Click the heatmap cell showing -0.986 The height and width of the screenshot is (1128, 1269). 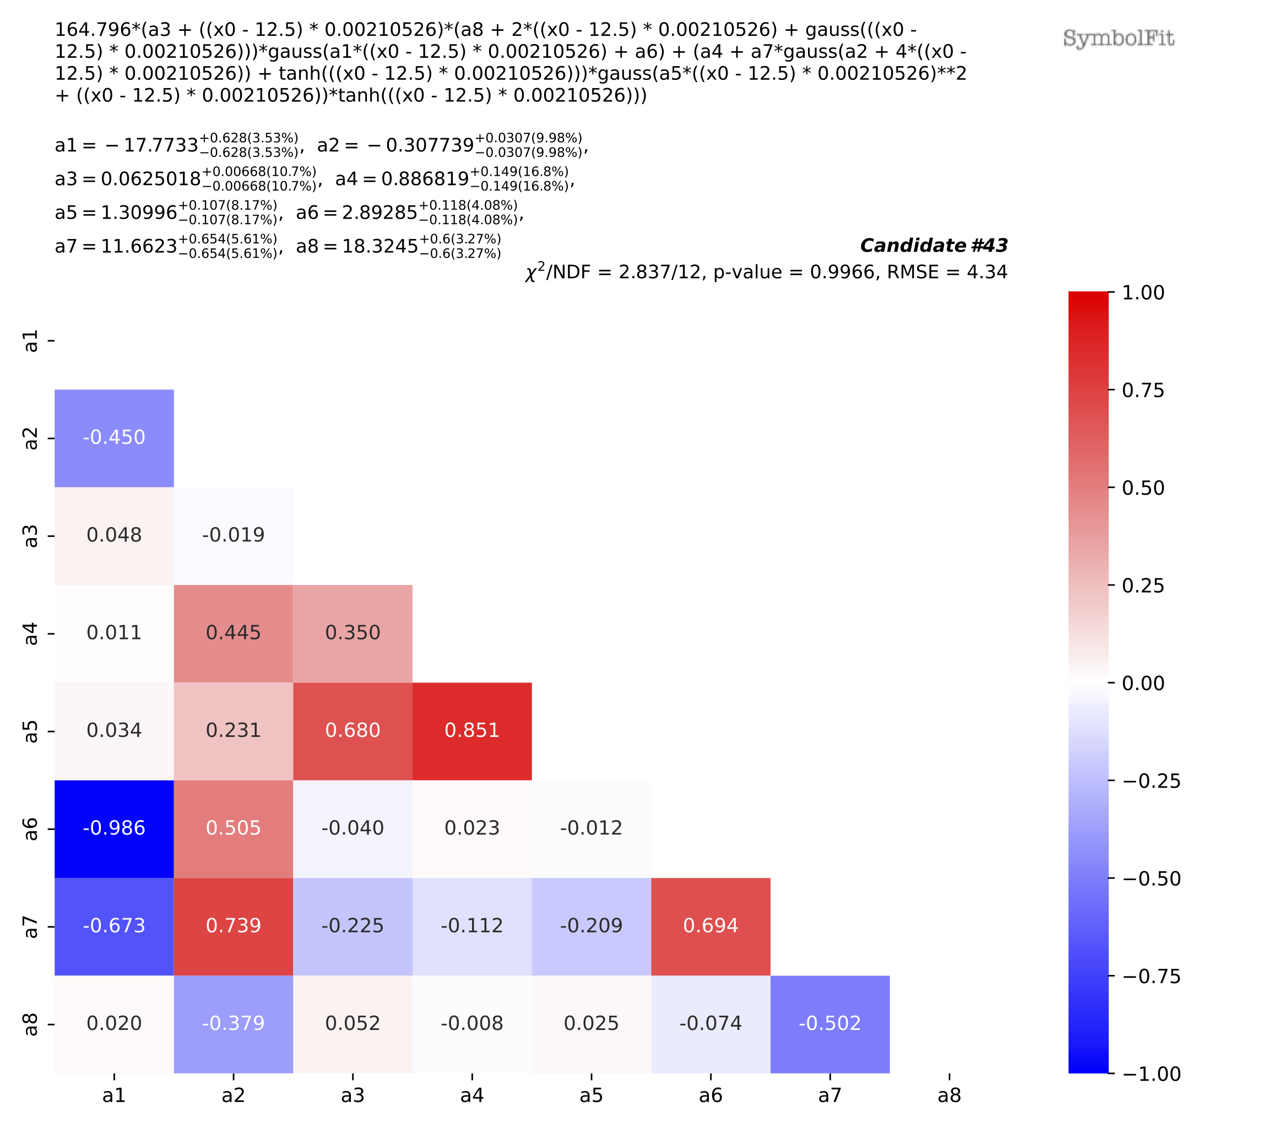(114, 828)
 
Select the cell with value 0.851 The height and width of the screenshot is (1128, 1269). (472, 731)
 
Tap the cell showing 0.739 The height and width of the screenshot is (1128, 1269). (234, 926)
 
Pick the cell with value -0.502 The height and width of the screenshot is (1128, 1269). (829, 1023)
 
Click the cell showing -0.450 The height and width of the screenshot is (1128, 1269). (114, 438)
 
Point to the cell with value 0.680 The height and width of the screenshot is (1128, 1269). (352, 731)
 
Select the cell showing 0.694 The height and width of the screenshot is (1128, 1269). (711, 926)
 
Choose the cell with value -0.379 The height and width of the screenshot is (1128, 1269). (234, 1023)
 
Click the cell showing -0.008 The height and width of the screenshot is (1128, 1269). (472, 1023)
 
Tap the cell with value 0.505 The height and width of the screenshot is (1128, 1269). (234, 828)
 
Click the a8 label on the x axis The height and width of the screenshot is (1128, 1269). (948, 1096)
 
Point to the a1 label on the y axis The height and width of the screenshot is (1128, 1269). (30, 341)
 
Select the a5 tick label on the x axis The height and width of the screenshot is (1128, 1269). (591, 1096)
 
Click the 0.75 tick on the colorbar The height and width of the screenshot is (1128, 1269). (1142, 391)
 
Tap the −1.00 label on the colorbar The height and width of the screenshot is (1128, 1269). (1151, 1074)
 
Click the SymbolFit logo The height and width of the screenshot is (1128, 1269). (1118, 39)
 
